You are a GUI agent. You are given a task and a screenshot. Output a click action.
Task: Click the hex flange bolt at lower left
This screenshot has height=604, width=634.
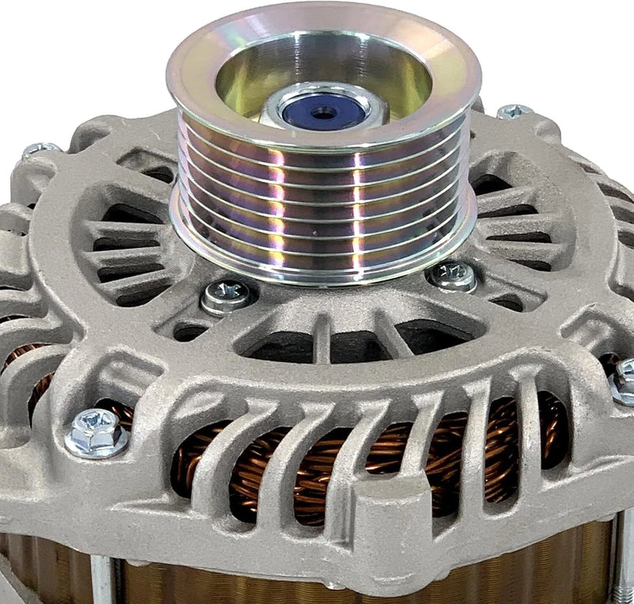(97, 431)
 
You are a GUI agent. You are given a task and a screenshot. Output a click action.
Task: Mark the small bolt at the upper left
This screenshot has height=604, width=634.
(40, 149)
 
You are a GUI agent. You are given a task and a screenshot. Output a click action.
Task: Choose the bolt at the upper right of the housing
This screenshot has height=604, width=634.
(515, 112)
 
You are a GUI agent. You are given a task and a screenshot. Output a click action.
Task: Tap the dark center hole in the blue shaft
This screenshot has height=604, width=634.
(323, 112)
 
